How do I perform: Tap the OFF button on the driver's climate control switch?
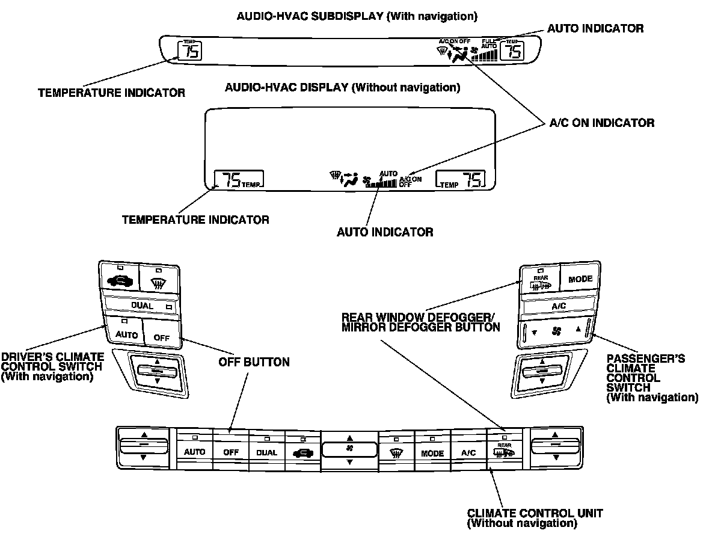click(162, 336)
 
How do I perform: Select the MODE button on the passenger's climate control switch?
click(580, 279)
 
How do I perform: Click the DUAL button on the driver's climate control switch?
click(143, 306)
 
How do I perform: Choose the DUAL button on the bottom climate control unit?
click(266, 452)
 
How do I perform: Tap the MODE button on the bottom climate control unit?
click(432, 452)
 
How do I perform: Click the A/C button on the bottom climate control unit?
click(468, 452)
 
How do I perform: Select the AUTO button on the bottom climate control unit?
click(194, 452)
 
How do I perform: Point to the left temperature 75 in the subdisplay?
click(190, 52)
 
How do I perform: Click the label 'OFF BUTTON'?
click(254, 363)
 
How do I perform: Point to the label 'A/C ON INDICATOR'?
click(602, 123)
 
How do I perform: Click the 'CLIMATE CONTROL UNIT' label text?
click(535, 514)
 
